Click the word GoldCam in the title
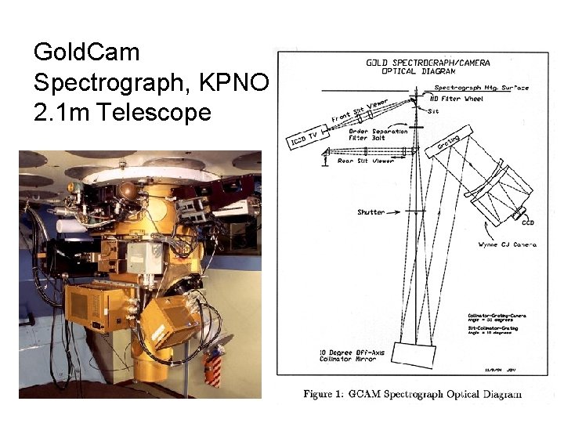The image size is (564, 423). pos(87,53)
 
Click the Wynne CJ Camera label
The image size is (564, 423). pos(509,245)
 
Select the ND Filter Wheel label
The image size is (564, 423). pos(458,99)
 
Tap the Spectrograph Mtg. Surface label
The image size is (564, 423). pos(481,88)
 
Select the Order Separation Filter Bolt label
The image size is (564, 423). pos(378,136)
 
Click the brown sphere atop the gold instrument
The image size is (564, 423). pos(126,190)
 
